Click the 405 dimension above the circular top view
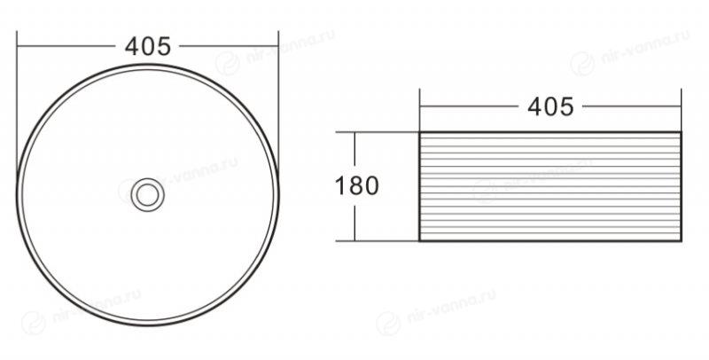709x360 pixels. click(x=148, y=46)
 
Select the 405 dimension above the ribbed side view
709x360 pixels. click(x=550, y=107)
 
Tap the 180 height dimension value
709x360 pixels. click(x=357, y=186)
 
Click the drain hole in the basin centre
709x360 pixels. click(x=147, y=195)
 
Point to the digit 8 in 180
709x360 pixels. click(x=356, y=186)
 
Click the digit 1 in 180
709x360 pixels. click(x=340, y=186)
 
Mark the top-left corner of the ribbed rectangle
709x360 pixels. click(x=420, y=132)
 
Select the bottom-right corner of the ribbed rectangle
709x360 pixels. click(x=681, y=240)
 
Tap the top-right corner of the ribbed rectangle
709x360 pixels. click(x=681, y=132)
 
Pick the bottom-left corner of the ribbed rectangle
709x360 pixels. click(x=420, y=240)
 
